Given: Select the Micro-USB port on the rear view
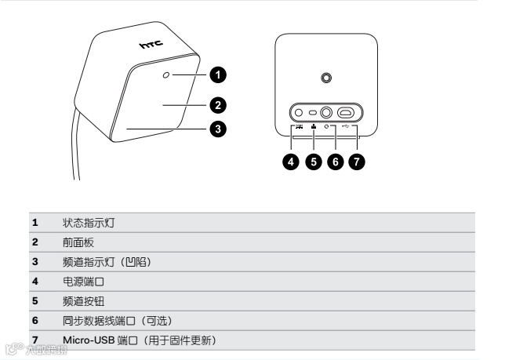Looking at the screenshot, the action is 346,112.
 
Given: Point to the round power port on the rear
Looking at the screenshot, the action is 299,112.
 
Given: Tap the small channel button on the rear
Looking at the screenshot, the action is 312,112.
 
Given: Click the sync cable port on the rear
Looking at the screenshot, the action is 325,112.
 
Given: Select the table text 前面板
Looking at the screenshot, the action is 79,243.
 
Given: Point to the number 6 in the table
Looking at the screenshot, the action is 35,321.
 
